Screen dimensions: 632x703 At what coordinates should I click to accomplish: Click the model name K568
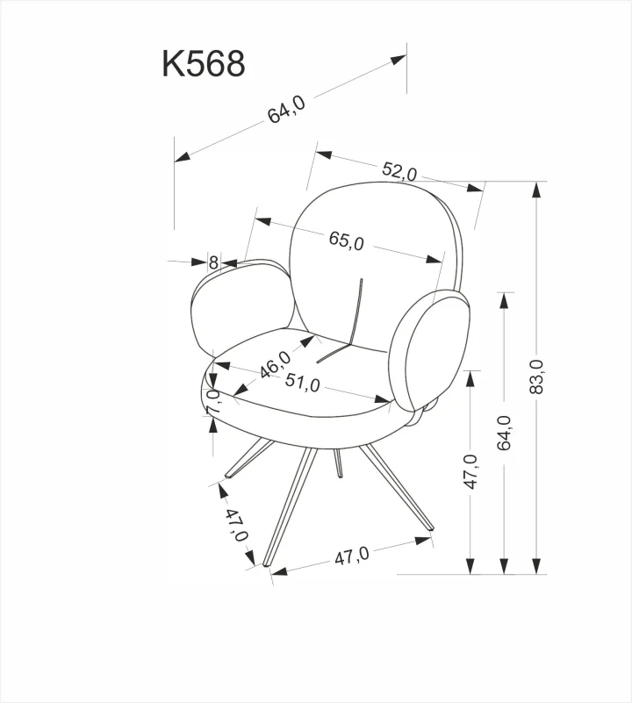click(x=203, y=63)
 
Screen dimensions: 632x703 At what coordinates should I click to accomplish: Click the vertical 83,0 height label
click(x=536, y=377)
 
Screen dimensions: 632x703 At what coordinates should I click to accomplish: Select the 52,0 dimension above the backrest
click(x=399, y=171)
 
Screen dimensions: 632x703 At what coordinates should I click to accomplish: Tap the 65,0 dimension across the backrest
click(x=346, y=240)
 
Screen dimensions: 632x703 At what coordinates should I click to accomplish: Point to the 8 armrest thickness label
click(x=213, y=262)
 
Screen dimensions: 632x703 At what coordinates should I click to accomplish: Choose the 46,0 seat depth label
click(x=276, y=364)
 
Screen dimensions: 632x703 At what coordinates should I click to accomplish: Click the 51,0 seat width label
click(x=302, y=383)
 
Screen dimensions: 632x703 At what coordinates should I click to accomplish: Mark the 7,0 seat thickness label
click(x=213, y=401)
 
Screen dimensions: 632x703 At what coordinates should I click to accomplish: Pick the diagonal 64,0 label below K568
click(x=286, y=110)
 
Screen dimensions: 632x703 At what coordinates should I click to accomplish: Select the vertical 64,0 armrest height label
click(x=504, y=433)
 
